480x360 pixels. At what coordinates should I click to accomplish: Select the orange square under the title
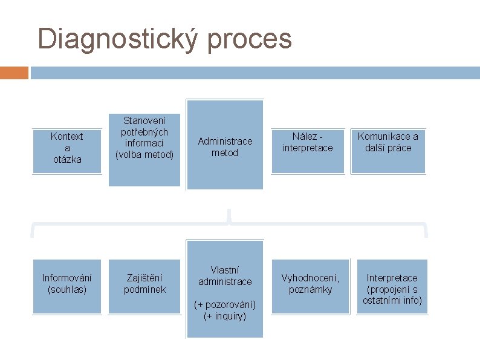tap(14, 73)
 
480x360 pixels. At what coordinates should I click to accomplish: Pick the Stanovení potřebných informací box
tap(144, 143)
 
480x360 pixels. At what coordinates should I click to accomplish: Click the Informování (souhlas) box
tap(66, 286)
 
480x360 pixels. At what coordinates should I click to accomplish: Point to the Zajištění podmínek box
tap(144, 286)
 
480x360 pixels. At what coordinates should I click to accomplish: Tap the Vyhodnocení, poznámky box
tap(310, 286)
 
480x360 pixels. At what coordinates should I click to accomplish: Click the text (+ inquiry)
tap(225, 316)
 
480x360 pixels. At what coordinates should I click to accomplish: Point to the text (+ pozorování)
tap(225, 304)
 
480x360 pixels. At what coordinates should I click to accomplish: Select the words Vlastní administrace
tap(225, 275)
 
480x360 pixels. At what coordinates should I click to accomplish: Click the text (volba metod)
tap(144, 154)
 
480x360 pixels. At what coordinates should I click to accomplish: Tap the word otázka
tap(66, 159)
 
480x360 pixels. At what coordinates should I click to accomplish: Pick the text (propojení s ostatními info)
tap(392, 295)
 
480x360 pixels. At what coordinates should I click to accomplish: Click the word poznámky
tap(310, 290)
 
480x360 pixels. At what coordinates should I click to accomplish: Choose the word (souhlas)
tap(66, 289)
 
